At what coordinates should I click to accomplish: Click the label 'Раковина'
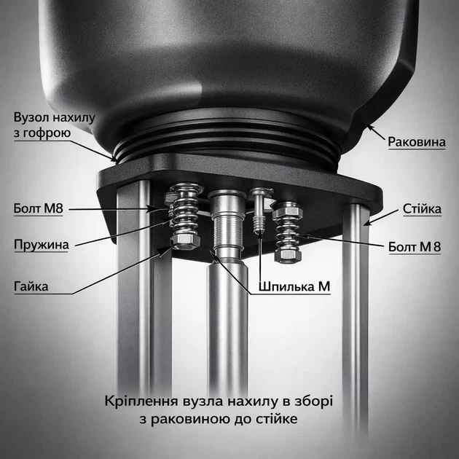tap(417, 142)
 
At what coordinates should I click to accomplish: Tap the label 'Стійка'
tap(422, 208)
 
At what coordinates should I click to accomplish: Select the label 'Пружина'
tap(42, 245)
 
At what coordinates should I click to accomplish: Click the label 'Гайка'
tap(31, 286)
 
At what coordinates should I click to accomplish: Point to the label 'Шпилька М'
tap(294, 286)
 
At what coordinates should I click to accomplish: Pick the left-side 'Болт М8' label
tap(39, 208)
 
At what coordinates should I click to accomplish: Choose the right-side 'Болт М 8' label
tap(415, 247)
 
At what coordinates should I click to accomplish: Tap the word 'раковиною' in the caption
tap(191, 419)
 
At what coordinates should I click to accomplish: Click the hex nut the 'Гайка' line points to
tap(185, 241)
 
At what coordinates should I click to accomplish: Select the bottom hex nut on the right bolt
tap(288, 255)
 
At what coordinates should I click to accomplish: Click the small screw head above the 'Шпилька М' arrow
tap(261, 192)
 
